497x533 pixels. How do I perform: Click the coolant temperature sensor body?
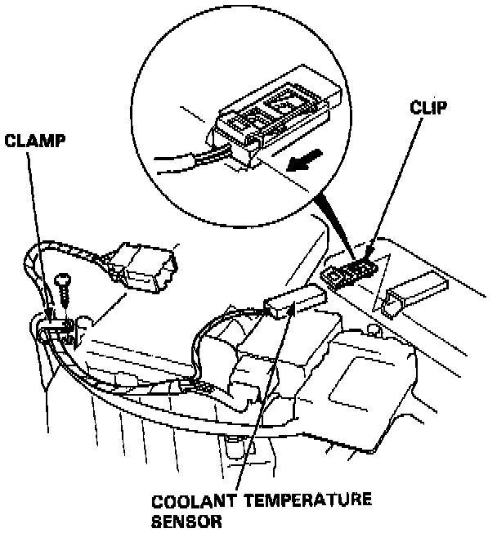click(x=293, y=302)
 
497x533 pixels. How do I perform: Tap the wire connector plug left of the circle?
click(x=148, y=266)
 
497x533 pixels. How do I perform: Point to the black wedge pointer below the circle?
click(x=335, y=229)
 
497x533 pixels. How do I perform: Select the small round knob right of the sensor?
click(x=375, y=331)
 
